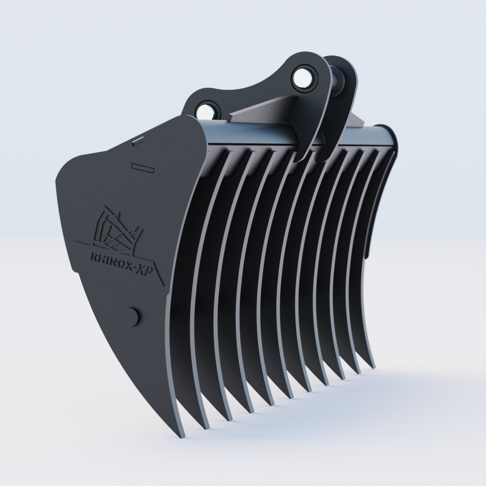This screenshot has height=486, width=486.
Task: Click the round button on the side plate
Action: [x=132, y=315]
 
